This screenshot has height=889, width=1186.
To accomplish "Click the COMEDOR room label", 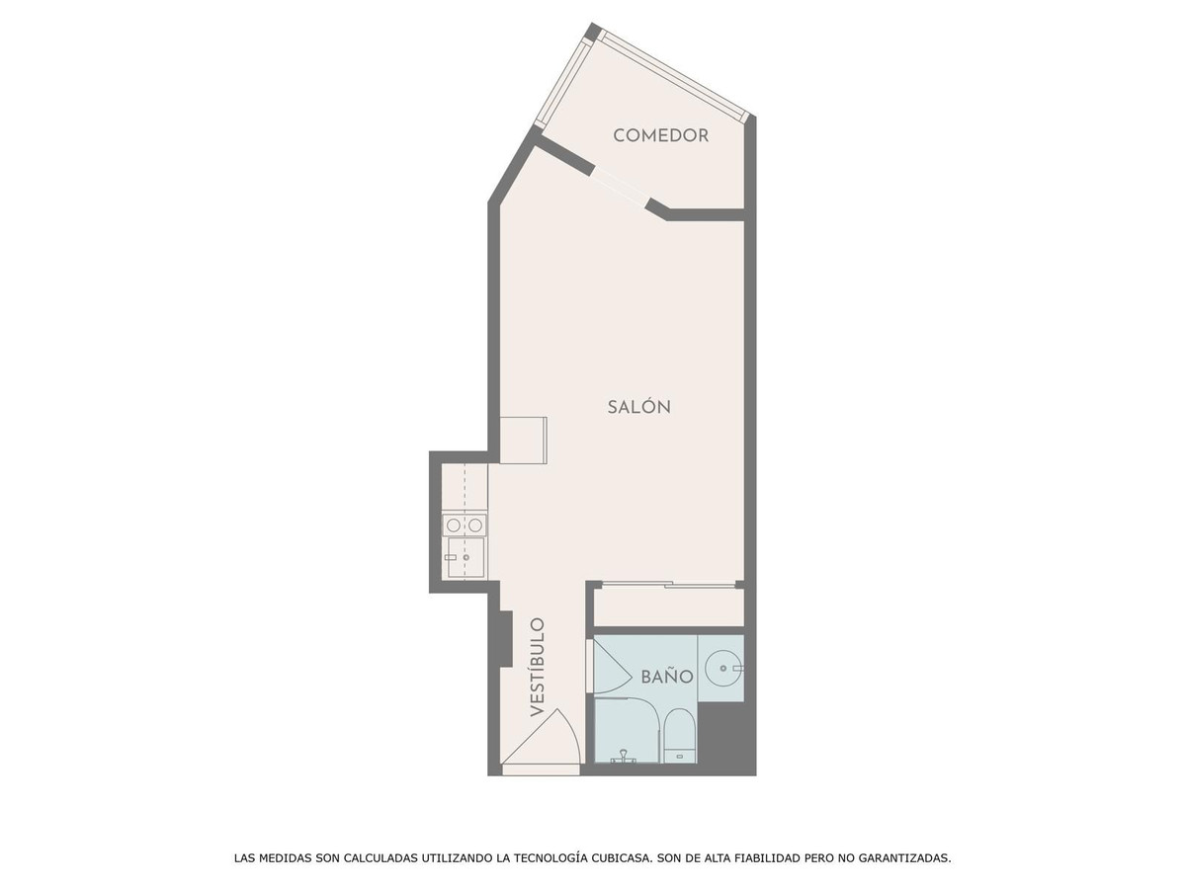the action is (660, 135).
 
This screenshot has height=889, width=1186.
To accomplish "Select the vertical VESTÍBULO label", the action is (537, 667).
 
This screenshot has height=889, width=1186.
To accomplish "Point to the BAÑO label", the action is (667, 677).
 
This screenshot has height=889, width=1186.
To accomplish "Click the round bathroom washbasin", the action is (722, 669).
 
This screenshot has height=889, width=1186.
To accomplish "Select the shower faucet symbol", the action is (624, 758).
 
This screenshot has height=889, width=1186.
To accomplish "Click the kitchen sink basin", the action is (466, 557).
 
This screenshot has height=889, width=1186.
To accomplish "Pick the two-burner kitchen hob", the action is (465, 525).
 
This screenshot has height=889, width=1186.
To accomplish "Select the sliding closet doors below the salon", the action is (669, 584).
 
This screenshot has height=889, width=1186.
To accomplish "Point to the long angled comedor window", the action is (674, 74).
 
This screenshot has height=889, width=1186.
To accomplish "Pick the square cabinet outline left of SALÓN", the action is (523, 440).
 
